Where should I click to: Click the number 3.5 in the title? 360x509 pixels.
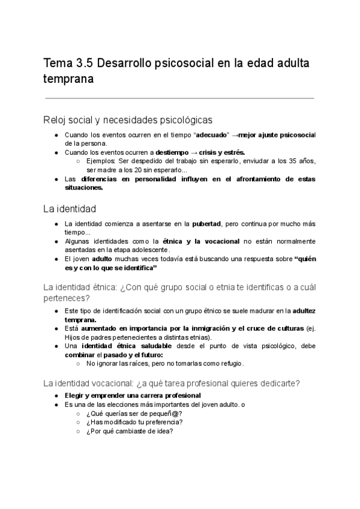(x=83, y=62)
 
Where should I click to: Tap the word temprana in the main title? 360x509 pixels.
(x=68, y=79)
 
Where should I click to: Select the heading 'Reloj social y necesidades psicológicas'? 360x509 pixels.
(x=127, y=119)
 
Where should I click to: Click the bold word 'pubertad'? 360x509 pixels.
(x=206, y=224)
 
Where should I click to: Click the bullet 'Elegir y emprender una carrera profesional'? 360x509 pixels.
(x=133, y=396)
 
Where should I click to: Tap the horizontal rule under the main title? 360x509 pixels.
(x=179, y=97)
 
